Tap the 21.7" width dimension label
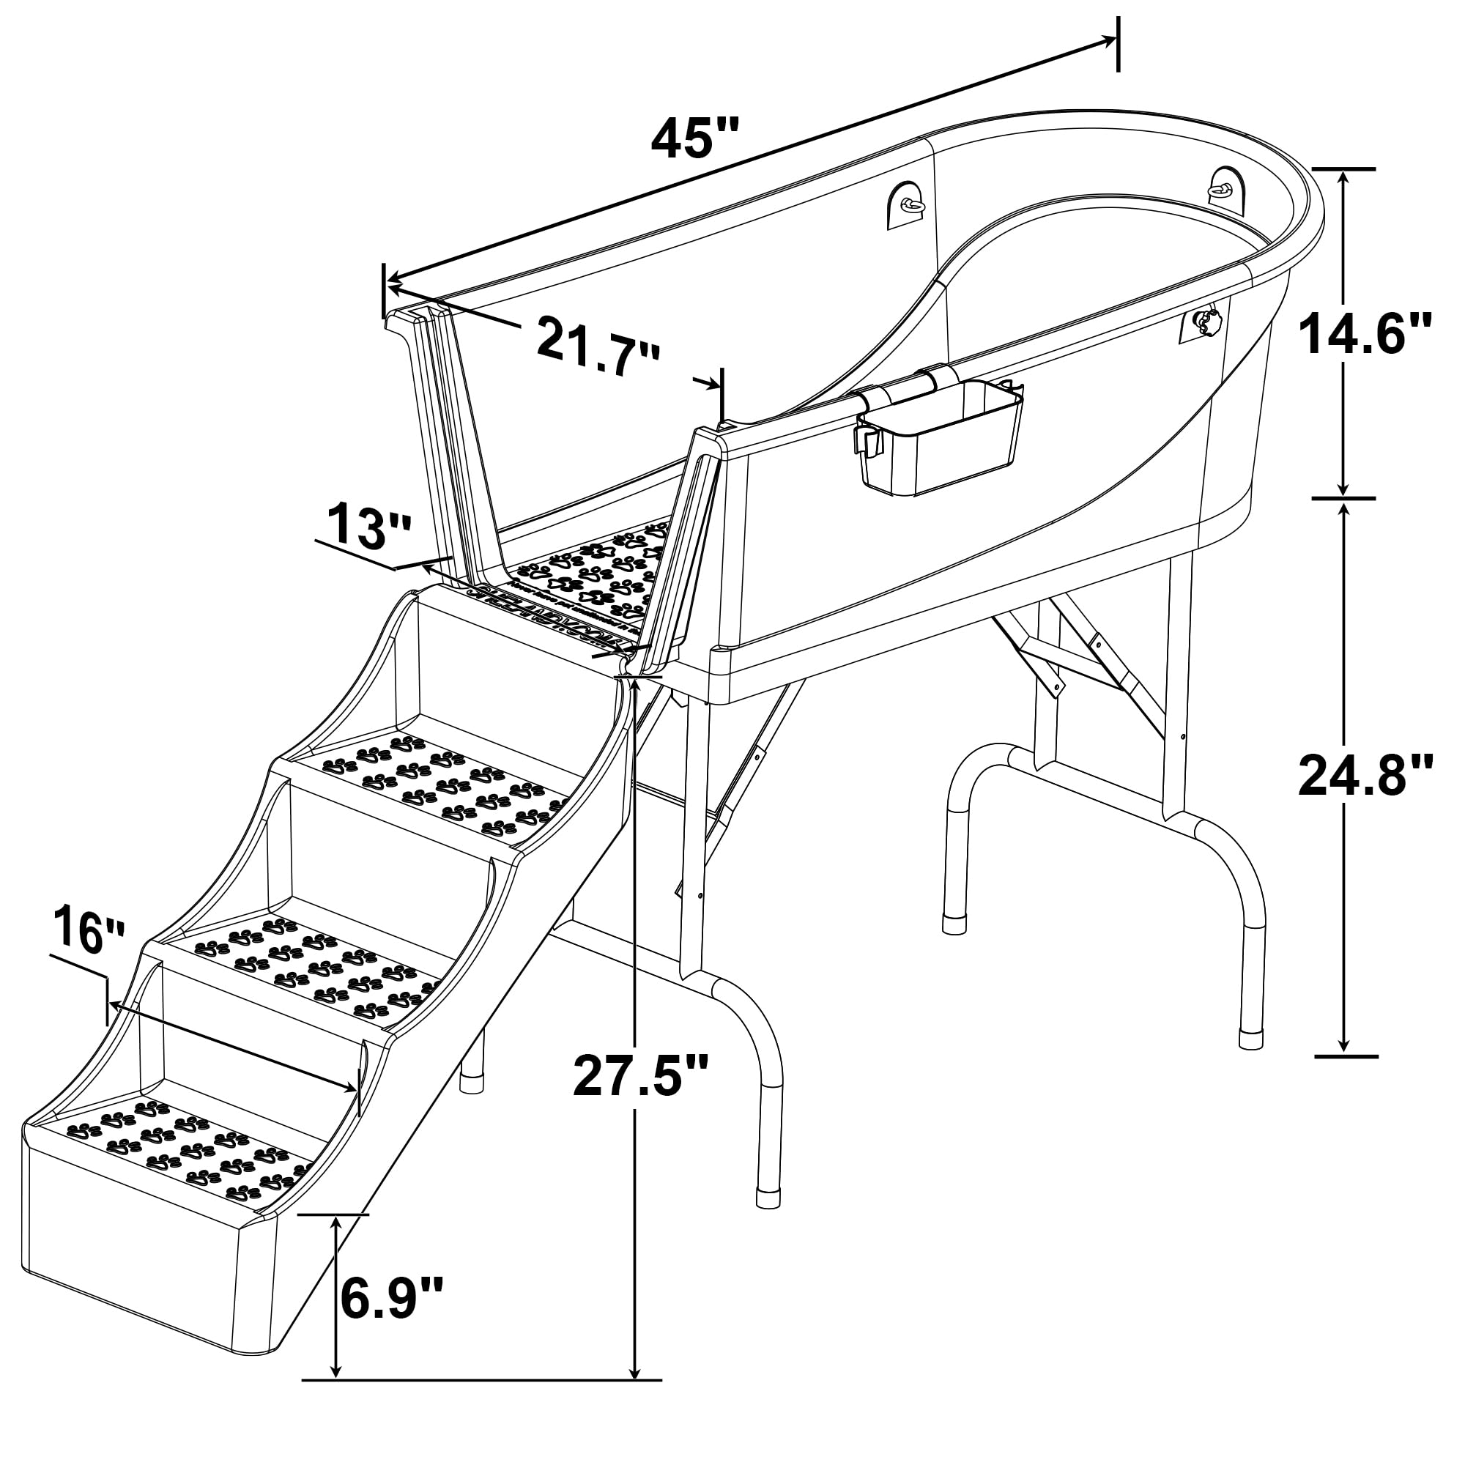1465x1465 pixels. (x=598, y=347)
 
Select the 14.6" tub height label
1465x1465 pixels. (x=1365, y=335)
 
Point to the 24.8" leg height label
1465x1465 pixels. (x=1365, y=775)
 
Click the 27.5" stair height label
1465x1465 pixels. (x=641, y=1075)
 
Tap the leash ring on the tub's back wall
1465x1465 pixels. (x=910, y=203)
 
